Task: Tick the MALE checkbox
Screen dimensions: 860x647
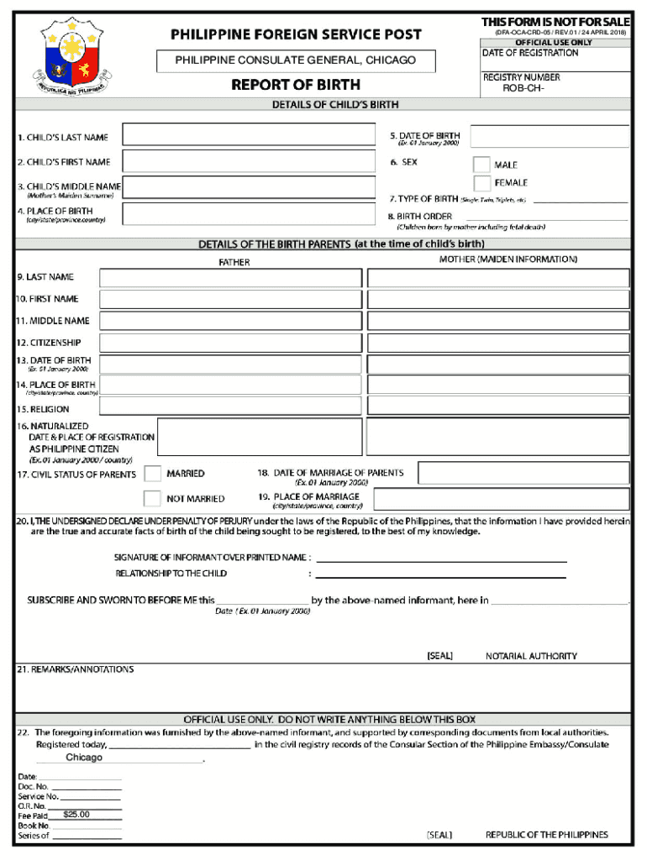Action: coord(481,165)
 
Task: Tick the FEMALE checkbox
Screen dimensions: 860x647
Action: coord(481,183)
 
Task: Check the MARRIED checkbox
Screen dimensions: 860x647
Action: coord(152,474)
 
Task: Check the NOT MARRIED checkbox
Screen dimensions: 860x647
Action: coord(152,498)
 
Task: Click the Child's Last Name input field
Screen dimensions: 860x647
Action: coord(249,135)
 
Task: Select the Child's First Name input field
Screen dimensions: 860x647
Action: coord(249,161)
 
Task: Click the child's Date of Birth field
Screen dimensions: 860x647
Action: coord(549,137)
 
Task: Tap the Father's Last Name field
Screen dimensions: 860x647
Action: coord(230,278)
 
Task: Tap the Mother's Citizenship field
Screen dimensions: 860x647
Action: coord(497,343)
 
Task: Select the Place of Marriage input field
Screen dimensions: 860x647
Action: coord(501,500)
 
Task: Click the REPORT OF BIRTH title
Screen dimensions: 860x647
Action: coord(296,85)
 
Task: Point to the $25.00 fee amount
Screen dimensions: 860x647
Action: coord(76,815)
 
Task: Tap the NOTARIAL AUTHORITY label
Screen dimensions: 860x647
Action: coord(531,656)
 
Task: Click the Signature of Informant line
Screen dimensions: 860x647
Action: coord(440,559)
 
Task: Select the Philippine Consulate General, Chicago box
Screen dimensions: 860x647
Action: coord(296,60)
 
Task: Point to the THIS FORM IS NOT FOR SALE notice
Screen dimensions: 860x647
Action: coord(555,21)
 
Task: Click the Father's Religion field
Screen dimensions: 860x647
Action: coord(230,408)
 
